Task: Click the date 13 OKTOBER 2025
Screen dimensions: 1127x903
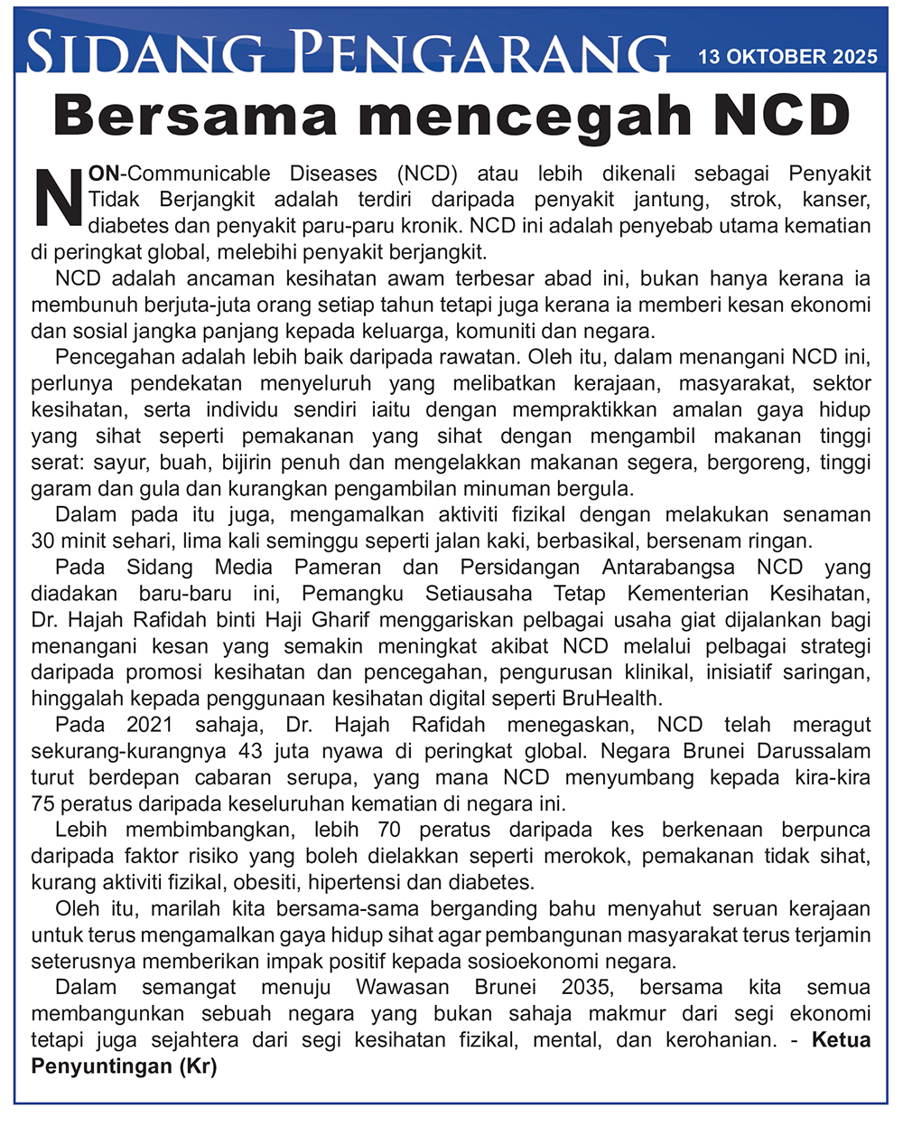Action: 787,57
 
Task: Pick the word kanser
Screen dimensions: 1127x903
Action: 836,199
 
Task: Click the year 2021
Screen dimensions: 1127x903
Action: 150,725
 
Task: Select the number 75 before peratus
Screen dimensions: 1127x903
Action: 43,803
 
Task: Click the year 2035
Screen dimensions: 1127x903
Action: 586,987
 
